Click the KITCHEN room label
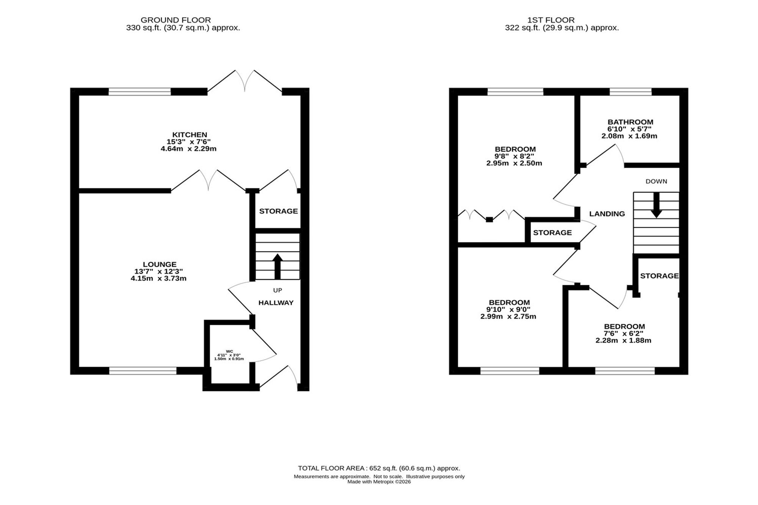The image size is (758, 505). [190, 134]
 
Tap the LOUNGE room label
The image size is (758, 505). [160, 264]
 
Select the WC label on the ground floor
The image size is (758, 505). [229, 352]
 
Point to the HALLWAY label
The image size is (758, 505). [276, 303]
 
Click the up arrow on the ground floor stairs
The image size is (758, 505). [277, 267]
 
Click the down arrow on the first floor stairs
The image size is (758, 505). [656, 205]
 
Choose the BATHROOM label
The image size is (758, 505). [630, 122]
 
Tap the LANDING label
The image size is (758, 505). [607, 214]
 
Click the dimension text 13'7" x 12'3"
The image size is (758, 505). [158, 272]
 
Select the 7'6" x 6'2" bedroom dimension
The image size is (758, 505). [623, 333]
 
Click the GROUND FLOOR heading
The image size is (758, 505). [175, 20]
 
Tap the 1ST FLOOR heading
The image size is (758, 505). [551, 20]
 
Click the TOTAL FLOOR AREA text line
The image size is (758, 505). [379, 468]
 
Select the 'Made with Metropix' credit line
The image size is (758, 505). [379, 482]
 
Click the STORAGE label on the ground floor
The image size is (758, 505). [278, 211]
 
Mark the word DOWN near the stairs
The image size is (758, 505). [656, 181]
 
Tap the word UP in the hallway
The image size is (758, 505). [277, 291]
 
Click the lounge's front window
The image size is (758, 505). [143, 371]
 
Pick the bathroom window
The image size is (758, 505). [631, 92]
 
